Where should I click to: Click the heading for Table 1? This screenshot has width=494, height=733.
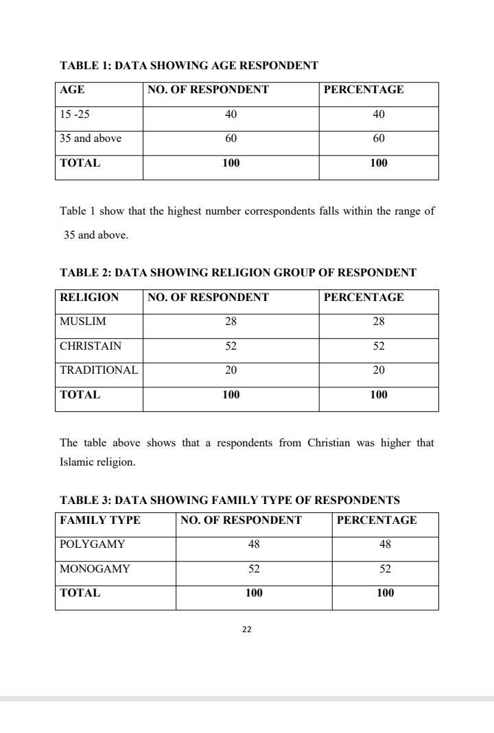[189, 66]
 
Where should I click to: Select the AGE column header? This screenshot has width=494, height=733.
[72, 90]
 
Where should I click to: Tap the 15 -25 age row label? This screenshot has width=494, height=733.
[75, 115]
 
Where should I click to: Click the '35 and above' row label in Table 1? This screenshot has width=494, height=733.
[91, 139]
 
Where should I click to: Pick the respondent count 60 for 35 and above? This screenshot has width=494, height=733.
[231, 139]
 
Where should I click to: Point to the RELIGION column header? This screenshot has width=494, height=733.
[89, 298]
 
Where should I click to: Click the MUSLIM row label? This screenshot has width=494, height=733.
[83, 322]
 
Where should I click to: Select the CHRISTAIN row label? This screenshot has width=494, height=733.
[91, 346]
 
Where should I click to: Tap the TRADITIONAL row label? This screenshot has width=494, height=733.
[99, 370]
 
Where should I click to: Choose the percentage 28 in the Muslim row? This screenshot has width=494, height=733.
[379, 322]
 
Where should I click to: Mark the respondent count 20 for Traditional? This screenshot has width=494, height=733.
[231, 370]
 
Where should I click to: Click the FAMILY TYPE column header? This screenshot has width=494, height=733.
[100, 520]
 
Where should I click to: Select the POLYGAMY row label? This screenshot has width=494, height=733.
[93, 544]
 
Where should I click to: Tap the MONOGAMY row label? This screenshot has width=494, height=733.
[95, 569]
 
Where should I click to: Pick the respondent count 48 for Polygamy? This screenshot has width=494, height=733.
[254, 544]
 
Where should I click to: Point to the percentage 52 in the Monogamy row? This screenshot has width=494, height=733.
[385, 569]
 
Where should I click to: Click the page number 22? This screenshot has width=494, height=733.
[247, 629]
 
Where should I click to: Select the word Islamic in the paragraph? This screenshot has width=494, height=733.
[78, 462]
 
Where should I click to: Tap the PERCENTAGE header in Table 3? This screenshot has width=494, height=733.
[377, 520]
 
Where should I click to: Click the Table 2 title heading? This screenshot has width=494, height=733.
[238, 273]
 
